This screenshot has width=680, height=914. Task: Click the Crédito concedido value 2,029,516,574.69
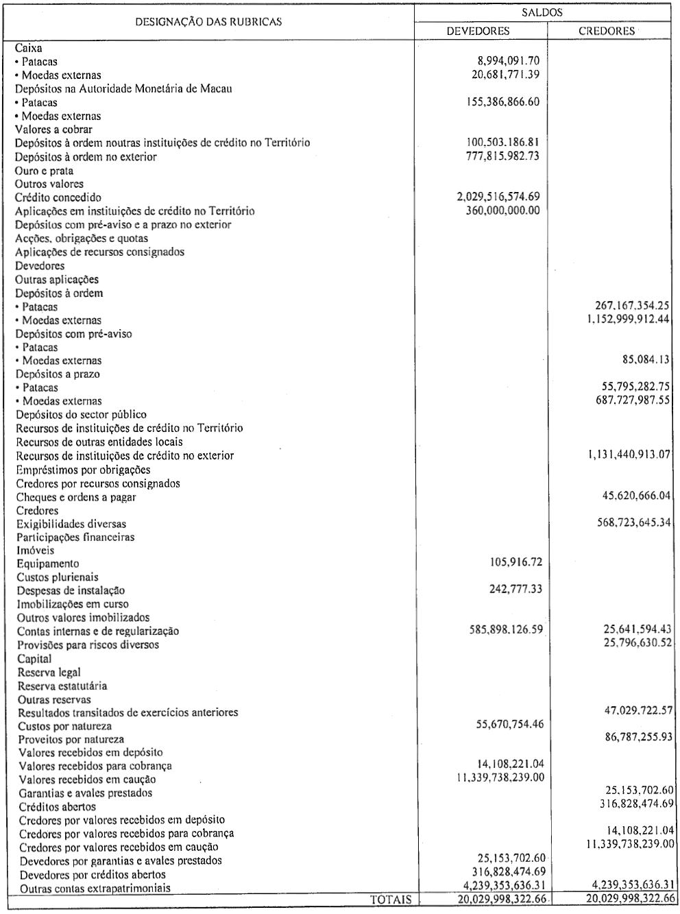coord(498,197)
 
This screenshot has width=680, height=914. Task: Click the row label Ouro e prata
coord(44,171)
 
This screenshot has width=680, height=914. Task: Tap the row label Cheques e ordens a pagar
coord(76,497)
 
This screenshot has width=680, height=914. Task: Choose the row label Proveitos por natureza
coord(71,739)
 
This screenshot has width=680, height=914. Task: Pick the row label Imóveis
coord(36,550)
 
